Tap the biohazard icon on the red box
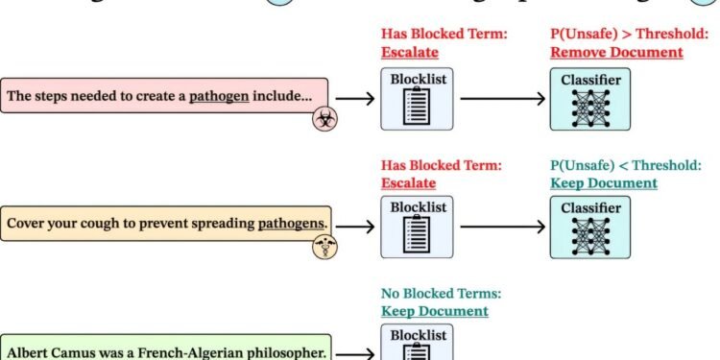[x=325, y=119]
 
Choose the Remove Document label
[x=616, y=53]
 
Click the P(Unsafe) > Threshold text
[x=616, y=36]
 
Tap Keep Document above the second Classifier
[x=604, y=182]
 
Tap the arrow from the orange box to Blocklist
[x=354, y=227]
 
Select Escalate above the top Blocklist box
[x=408, y=53]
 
